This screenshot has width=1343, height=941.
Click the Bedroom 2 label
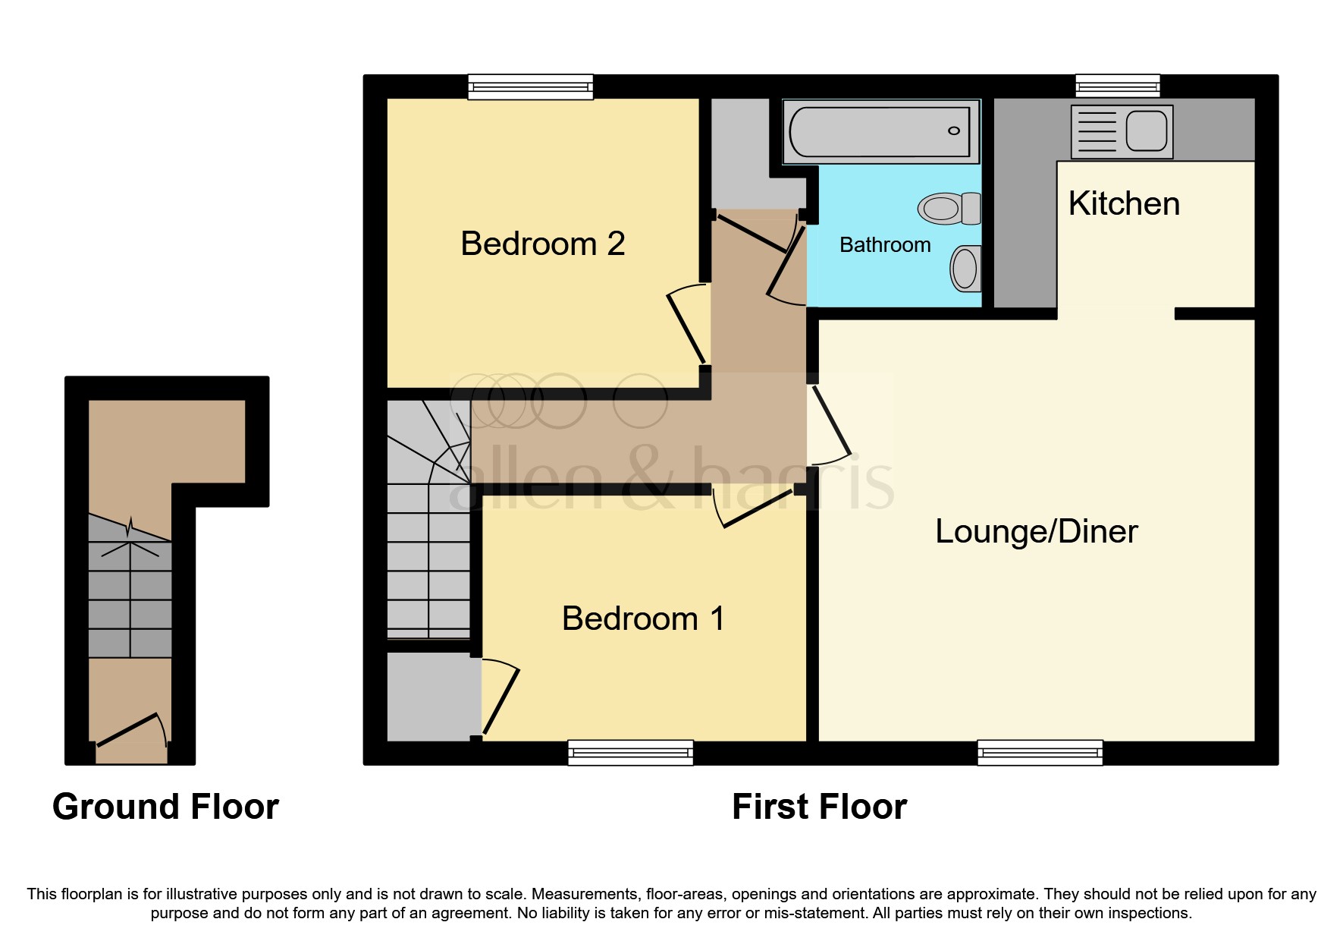click(x=542, y=244)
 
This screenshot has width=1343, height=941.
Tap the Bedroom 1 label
click(x=642, y=618)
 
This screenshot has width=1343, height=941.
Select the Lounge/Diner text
click(x=1036, y=531)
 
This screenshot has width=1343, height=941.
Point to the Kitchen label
click(x=1124, y=203)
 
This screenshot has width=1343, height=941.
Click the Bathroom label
click(x=885, y=245)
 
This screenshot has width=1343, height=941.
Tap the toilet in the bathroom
click(x=948, y=208)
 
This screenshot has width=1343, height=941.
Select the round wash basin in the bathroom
click(x=965, y=268)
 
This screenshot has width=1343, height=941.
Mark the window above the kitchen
click(x=1118, y=86)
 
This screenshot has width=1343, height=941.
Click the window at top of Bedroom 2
click(x=530, y=87)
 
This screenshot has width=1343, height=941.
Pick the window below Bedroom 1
click(x=630, y=752)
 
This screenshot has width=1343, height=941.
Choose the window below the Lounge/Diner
click(x=1040, y=752)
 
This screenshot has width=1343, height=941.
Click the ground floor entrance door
click(x=129, y=729)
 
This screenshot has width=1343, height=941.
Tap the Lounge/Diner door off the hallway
click(x=831, y=425)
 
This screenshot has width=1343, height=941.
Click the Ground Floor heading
click(x=165, y=807)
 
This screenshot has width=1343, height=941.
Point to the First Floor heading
click(x=819, y=807)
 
